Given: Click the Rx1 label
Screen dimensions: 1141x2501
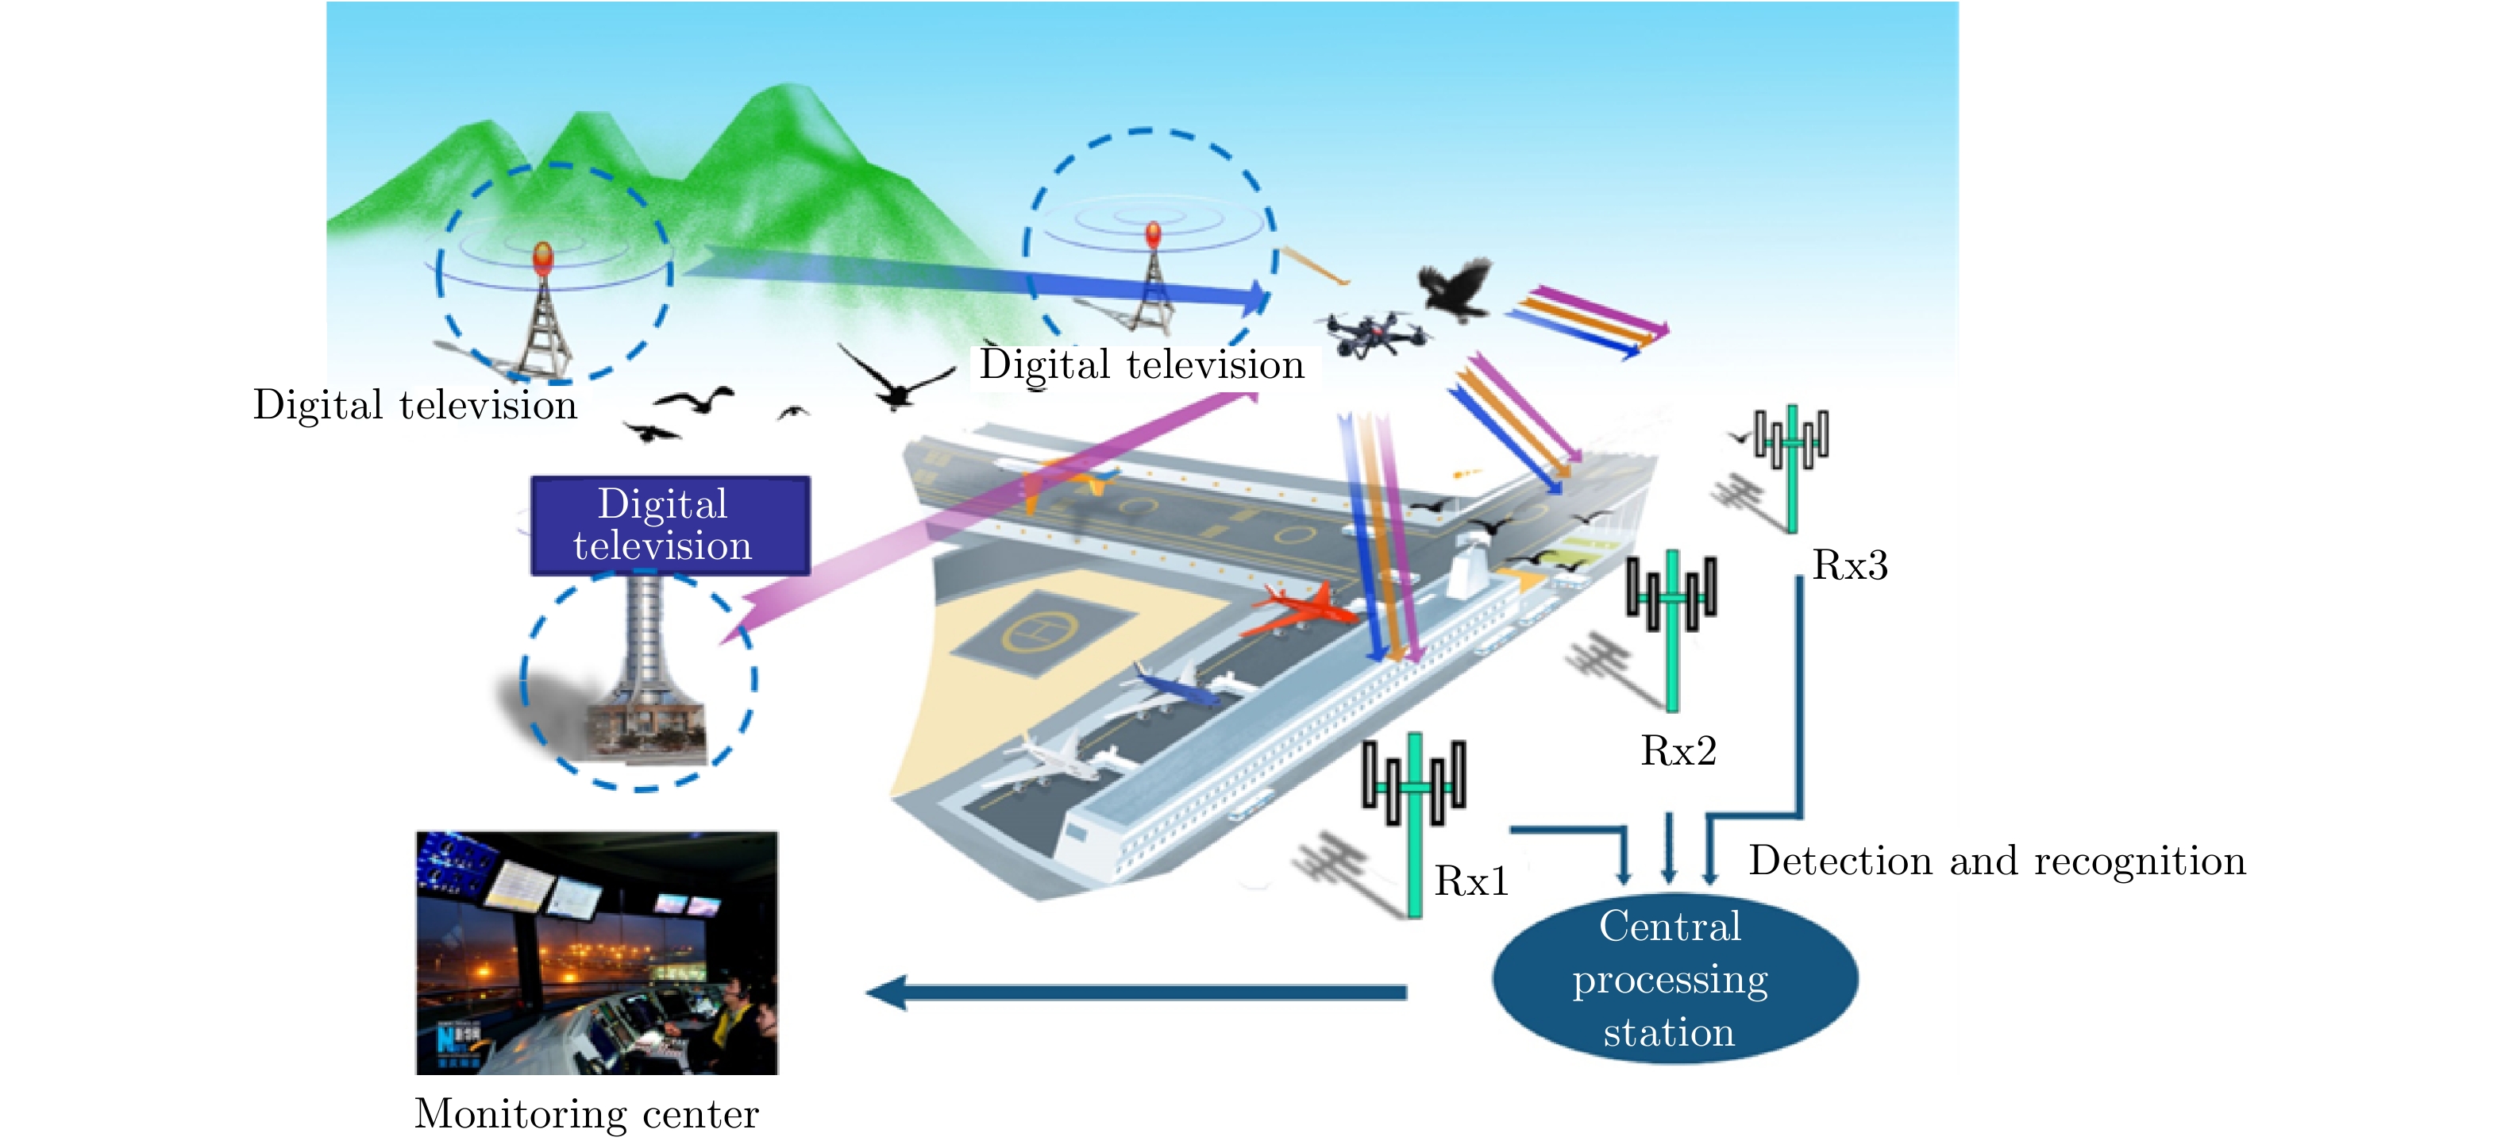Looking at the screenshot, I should [1472, 881].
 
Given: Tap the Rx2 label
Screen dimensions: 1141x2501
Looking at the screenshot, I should [1678, 750].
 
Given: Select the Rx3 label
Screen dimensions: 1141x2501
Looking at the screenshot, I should [1849, 565].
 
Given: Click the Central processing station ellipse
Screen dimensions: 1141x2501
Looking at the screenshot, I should [1674, 979].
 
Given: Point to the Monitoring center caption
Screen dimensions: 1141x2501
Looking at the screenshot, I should [587, 1113].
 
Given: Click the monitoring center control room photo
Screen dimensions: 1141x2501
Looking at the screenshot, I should [597, 953].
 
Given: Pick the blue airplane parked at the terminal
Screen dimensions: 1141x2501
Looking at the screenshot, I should [1177, 687].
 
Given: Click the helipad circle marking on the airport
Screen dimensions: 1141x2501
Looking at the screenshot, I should [1041, 631].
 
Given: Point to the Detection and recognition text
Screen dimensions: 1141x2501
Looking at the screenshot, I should [1997, 862].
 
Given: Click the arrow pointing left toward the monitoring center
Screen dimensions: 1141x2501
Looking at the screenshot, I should [1136, 993].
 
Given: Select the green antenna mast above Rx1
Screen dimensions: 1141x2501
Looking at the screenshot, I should [1415, 826].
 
